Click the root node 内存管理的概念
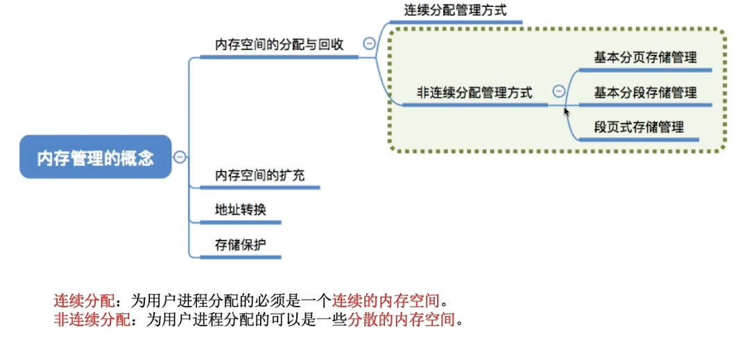pos(95,157)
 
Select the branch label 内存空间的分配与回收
pos(279,44)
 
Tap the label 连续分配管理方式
pos(455,10)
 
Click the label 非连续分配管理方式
pos(474,92)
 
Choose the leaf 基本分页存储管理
pos(645,58)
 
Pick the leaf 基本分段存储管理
pos(645,92)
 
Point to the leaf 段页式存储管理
pos(639,127)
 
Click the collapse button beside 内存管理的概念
pos(180,157)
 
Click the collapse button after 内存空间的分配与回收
pos(370,44)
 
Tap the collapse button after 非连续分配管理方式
pos(558,91)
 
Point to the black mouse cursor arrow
pos(566,111)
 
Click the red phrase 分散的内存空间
pos(404,320)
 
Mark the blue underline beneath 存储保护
pos(240,257)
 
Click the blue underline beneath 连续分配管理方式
pos(455,22)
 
